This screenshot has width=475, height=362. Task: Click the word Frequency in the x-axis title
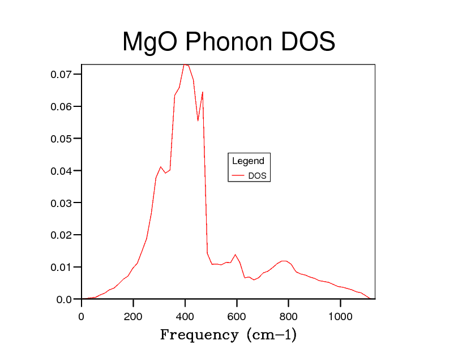[x=199, y=335]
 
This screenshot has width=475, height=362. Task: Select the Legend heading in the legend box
[x=248, y=161]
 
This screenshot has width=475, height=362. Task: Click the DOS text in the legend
[x=257, y=176]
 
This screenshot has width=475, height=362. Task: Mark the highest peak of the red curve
[x=185, y=64]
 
